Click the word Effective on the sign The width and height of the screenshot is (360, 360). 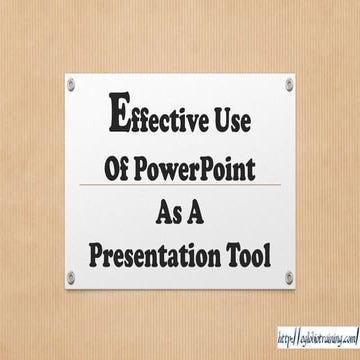click(160, 119)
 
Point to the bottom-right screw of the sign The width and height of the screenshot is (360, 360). click(288, 276)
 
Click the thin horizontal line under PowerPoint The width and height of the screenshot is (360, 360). click(179, 185)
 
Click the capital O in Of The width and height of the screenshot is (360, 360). click(112, 163)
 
